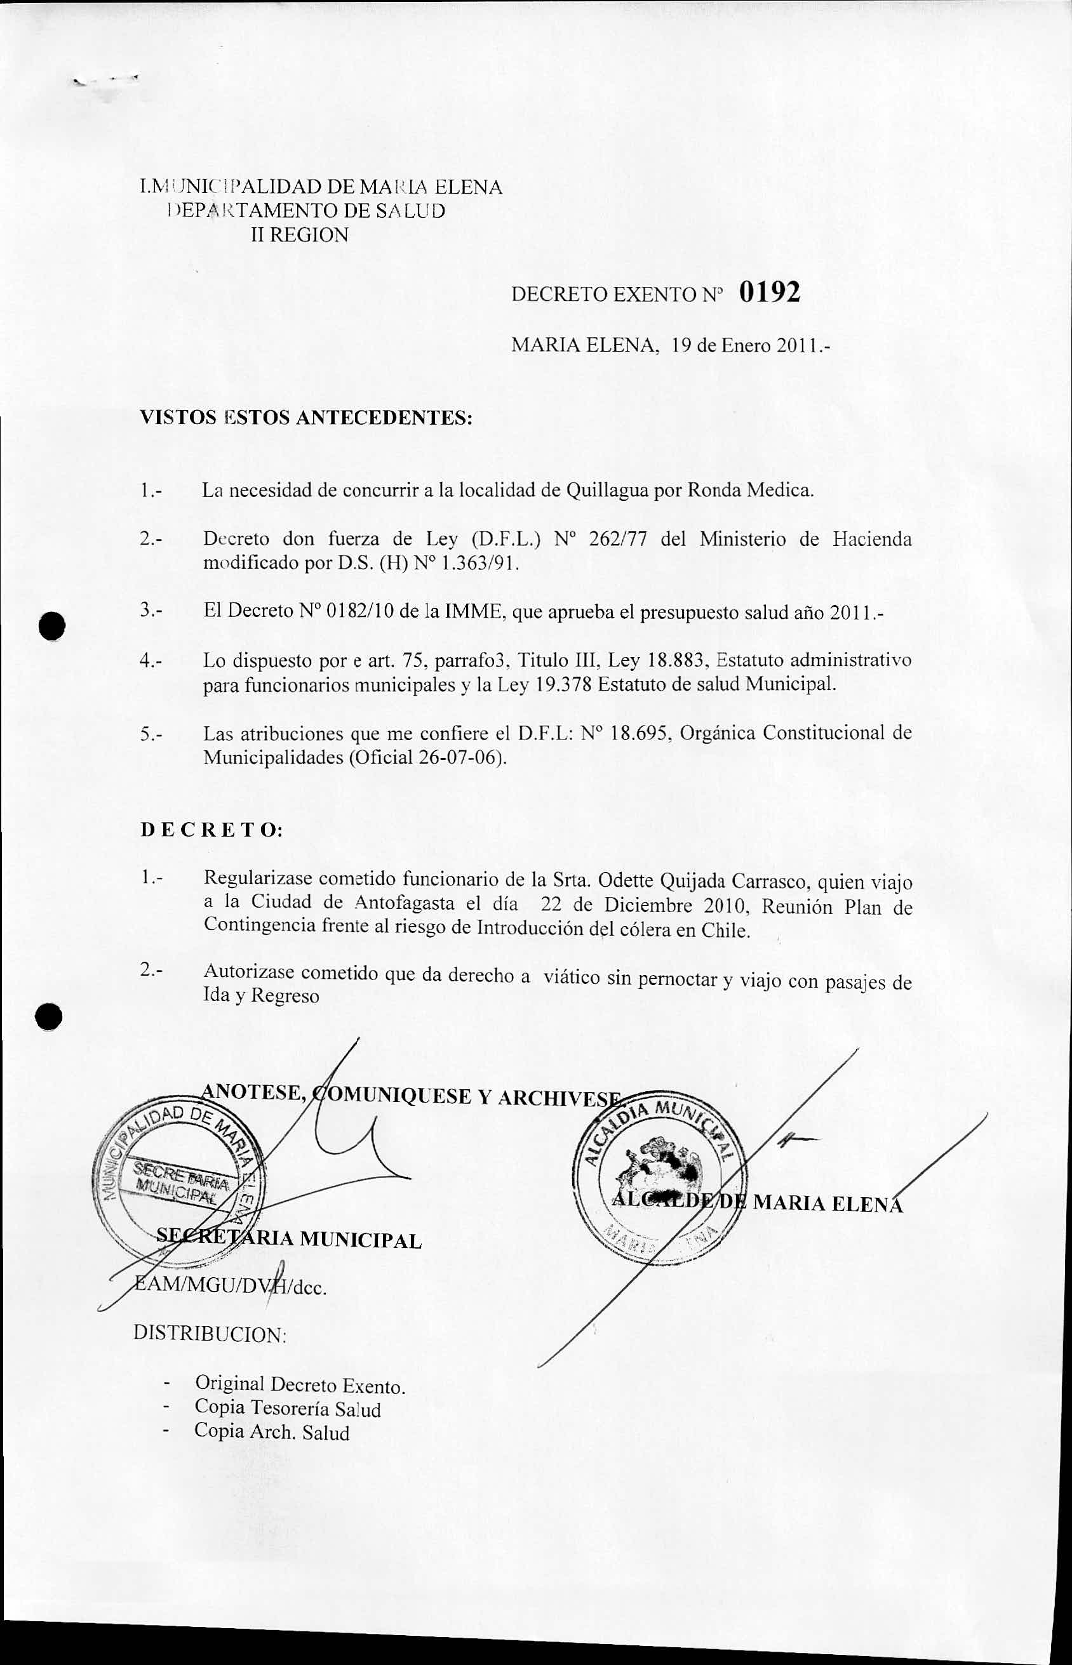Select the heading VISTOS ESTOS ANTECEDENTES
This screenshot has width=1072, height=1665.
tap(306, 418)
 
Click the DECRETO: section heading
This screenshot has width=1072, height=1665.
tap(211, 831)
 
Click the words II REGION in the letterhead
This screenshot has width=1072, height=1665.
tap(299, 235)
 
